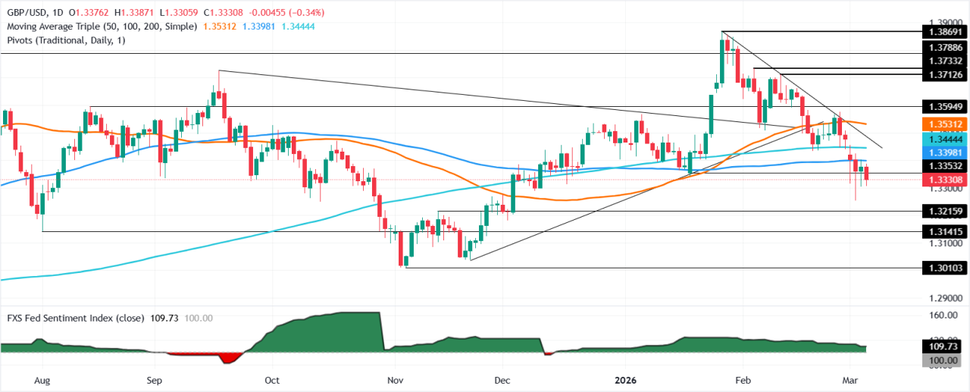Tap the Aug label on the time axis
coord(42,379)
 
